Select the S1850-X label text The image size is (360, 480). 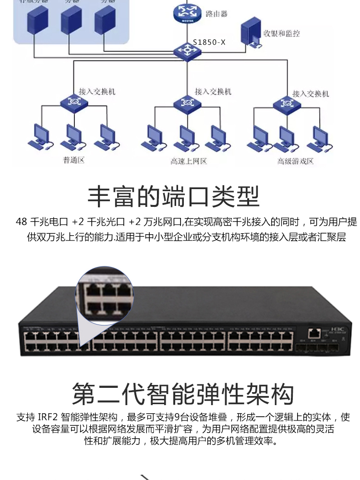point(209,42)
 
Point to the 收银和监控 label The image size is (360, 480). point(282,33)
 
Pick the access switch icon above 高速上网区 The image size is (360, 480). point(184,102)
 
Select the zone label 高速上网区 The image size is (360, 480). point(189,161)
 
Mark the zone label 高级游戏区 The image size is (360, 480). point(295,161)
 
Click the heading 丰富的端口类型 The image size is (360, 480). point(173,196)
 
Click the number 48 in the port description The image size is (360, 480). point(22,222)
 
